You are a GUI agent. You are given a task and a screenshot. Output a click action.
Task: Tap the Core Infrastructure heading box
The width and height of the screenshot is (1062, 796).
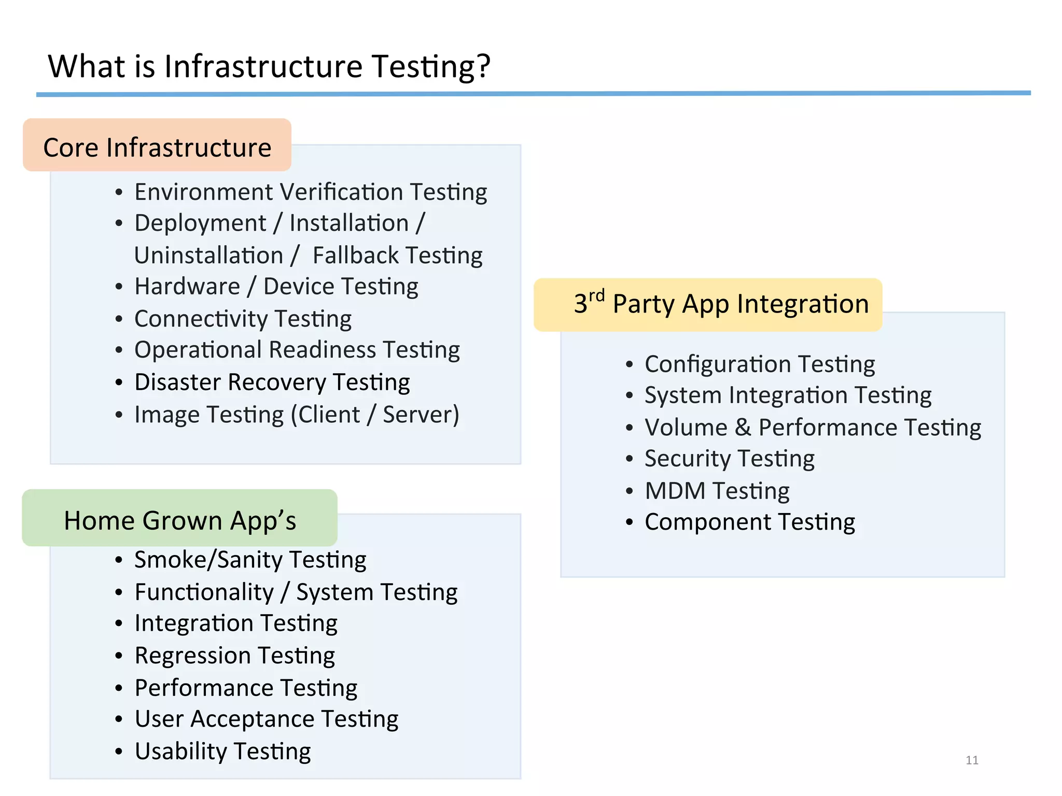tap(157, 147)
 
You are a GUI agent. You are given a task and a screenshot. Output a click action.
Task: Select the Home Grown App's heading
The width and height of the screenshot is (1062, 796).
tap(179, 520)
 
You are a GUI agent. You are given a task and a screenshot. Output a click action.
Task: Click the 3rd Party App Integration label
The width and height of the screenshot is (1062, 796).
tap(721, 304)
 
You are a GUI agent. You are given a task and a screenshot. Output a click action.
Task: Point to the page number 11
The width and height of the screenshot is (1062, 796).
tap(972, 760)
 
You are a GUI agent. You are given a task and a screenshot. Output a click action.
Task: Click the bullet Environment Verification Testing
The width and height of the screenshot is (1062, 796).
tap(311, 192)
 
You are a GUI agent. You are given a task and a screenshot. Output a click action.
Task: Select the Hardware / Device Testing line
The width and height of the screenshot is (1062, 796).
tap(276, 287)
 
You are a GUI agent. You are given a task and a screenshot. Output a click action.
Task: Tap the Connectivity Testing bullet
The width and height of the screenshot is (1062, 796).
tap(243, 319)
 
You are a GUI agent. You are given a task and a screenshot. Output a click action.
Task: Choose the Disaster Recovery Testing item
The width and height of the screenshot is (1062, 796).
tap(272, 382)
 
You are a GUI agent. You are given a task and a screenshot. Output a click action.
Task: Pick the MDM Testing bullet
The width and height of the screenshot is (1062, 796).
tap(717, 491)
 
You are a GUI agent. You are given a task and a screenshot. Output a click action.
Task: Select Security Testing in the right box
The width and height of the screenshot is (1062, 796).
tap(729, 459)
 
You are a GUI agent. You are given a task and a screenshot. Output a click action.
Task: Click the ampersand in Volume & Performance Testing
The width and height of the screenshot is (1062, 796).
tap(743, 428)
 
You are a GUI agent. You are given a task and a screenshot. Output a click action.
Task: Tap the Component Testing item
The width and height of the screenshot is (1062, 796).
tap(749, 522)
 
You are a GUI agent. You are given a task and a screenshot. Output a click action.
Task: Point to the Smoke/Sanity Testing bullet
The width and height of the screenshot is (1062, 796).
tap(250, 560)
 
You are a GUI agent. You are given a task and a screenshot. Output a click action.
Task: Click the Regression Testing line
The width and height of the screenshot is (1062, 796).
tap(234, 656)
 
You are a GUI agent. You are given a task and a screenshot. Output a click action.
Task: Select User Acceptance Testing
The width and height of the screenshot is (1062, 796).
tap(266, 719)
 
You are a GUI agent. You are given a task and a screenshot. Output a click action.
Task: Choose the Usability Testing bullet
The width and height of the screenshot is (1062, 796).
tap(222, 751)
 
